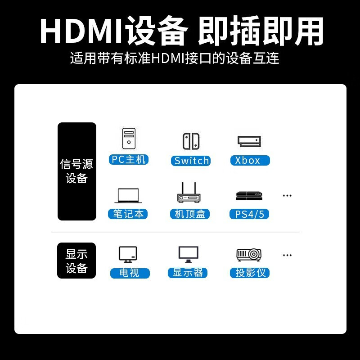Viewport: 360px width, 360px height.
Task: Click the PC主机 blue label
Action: (x=129, y=160)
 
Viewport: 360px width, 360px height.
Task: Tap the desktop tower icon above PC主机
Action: (x=129, y=139)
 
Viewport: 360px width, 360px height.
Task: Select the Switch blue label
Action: (x=191, y=161)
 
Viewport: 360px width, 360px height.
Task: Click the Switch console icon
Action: (x=191, y=141)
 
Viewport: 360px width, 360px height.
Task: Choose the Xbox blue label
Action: (x=250, y=160)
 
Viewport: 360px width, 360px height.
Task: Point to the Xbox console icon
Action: (x=249, y=141)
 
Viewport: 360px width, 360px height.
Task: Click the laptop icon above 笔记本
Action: (x=128, y=196)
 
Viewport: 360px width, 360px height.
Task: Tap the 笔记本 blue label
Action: (x=128, y=214)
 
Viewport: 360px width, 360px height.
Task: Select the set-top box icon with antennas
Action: (x=189, y=193)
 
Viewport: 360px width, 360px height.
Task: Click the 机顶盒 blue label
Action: (x=190, y=214)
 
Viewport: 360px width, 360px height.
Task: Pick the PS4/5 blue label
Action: (x=249, y=214)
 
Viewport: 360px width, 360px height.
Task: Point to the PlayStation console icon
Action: (x=249, y=196)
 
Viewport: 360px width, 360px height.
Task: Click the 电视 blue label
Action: (x=130, y=273)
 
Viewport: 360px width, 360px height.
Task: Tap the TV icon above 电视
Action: (x=128, y=254)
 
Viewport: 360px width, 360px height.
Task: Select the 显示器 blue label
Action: (x=188, y=273)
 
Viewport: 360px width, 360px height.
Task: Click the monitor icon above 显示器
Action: (x=189, y=254)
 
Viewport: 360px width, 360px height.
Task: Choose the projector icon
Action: (x=249, y=255)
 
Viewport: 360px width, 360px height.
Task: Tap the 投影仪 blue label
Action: (x=250, y=273)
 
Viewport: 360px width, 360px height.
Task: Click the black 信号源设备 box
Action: (x=77, y=171)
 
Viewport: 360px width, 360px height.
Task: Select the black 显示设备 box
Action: (x=76, y=261)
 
